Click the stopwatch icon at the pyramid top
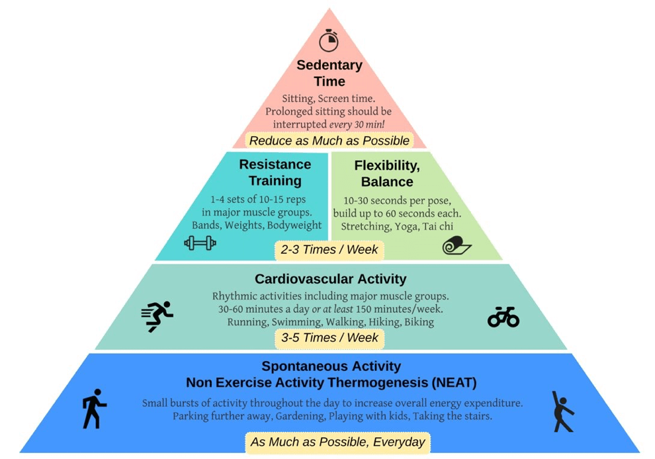tap(329, 40)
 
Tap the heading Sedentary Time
tap(329, 73)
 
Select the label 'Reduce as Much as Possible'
tap(329, 141)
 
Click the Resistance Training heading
tap(275, 173)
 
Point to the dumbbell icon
tap(200, 243)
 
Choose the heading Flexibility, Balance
tap(387, 174)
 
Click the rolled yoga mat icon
tap(457, 245)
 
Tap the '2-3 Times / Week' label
tap(329, 250)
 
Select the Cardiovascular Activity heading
tap(330, 279)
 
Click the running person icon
tap(157, 316)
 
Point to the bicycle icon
tap(503, 317)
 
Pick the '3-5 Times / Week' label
tap(329, 338)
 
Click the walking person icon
tap(95, 409)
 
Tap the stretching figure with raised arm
tap(562, 411)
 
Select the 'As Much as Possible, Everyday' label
tap(337, 442)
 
